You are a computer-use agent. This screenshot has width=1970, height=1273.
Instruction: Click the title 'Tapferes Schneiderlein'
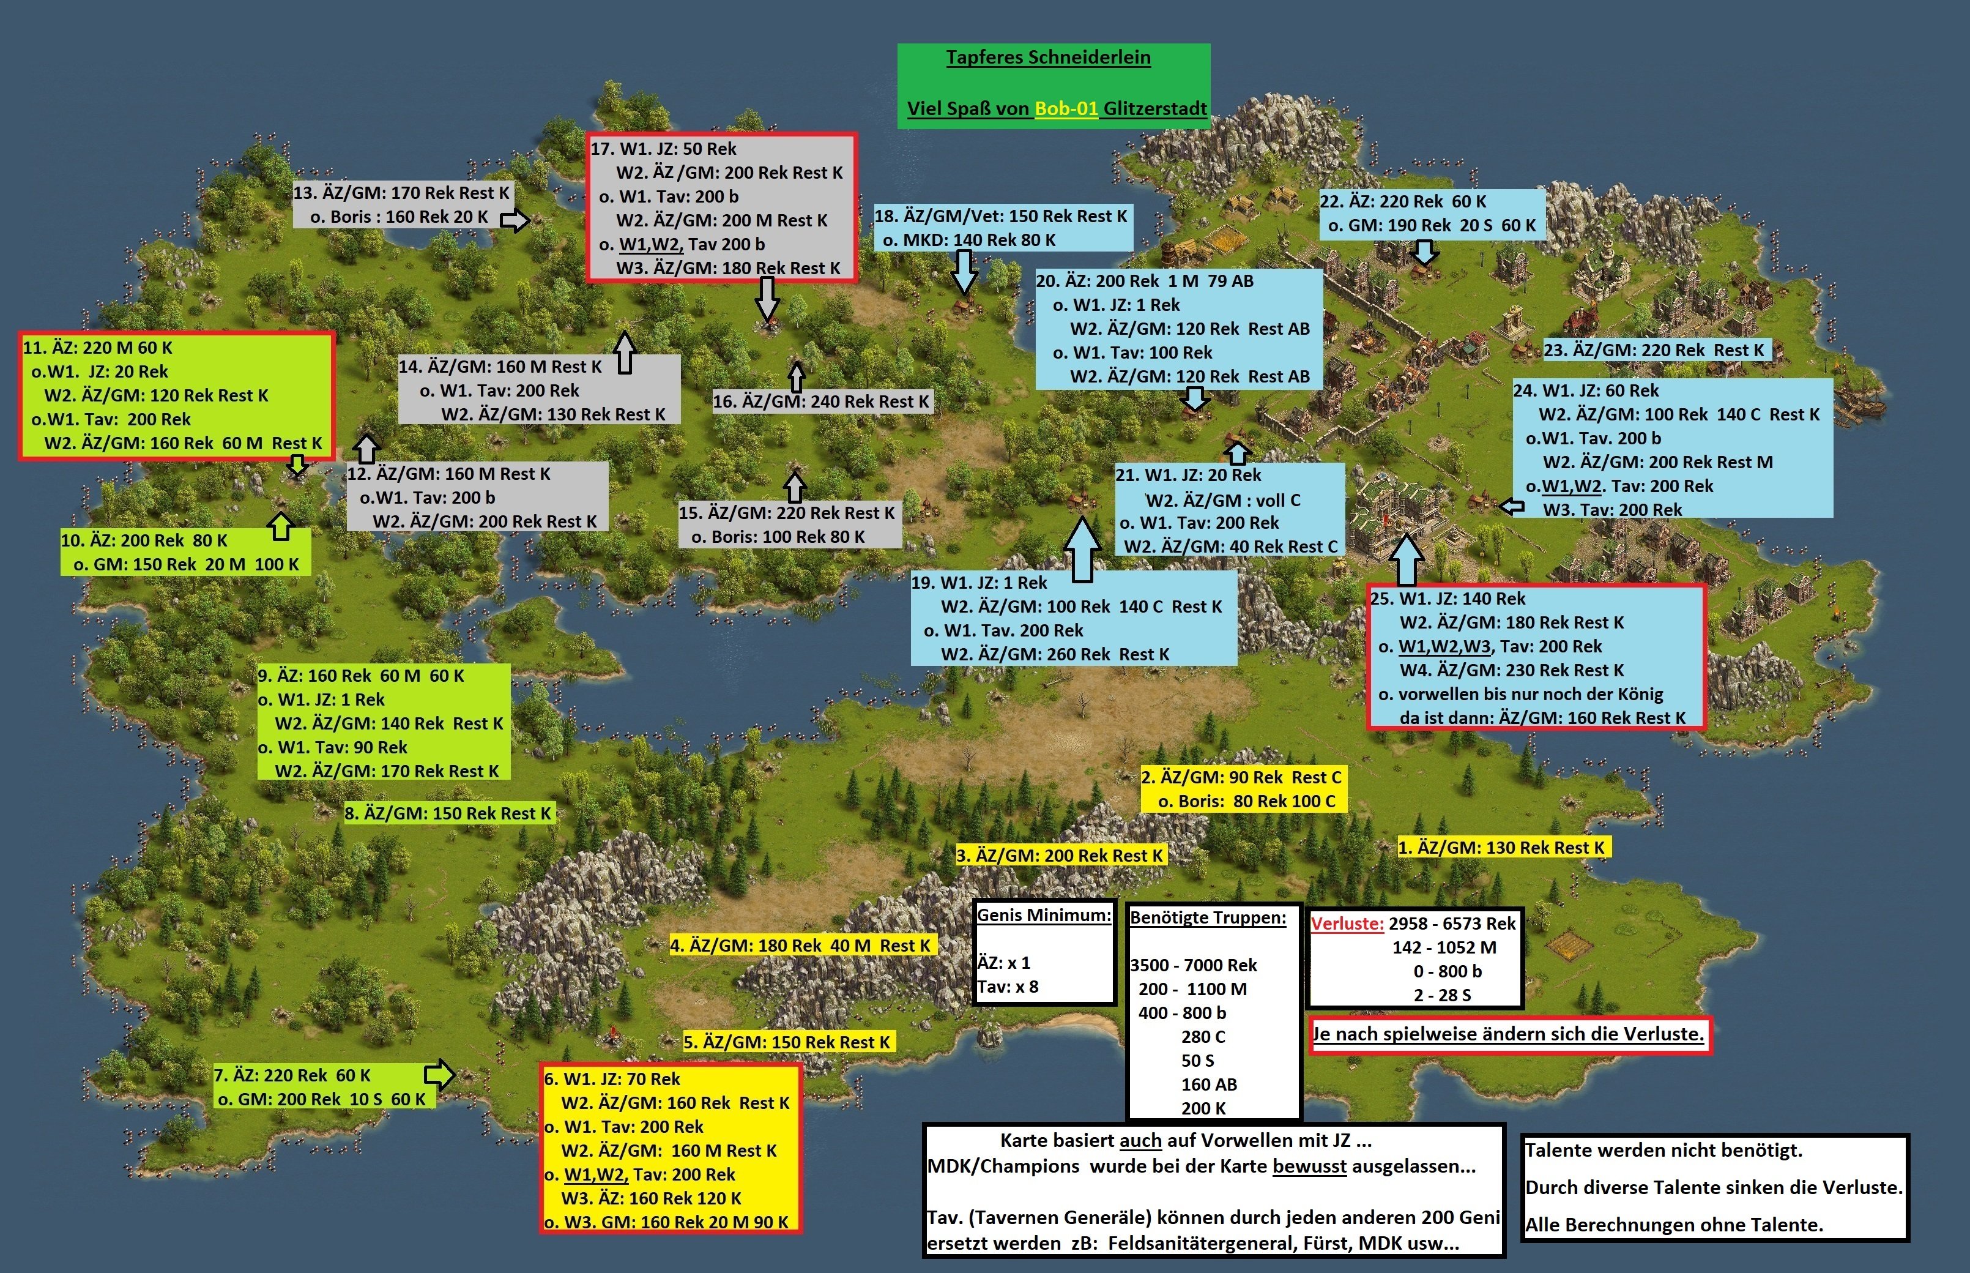pos(1048,58)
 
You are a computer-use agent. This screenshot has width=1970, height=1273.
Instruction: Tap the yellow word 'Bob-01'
pos(1066,108)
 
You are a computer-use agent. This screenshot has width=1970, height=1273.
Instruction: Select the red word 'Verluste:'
pos(1347,924)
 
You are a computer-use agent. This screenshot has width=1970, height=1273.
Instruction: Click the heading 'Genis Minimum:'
pos(1044,915)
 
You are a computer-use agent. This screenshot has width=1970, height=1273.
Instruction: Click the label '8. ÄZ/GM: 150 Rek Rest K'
pos(447,813)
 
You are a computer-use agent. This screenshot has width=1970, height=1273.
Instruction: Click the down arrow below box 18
pos(964,271)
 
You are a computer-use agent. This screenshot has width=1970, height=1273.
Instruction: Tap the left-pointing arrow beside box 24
pos(1511,506)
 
